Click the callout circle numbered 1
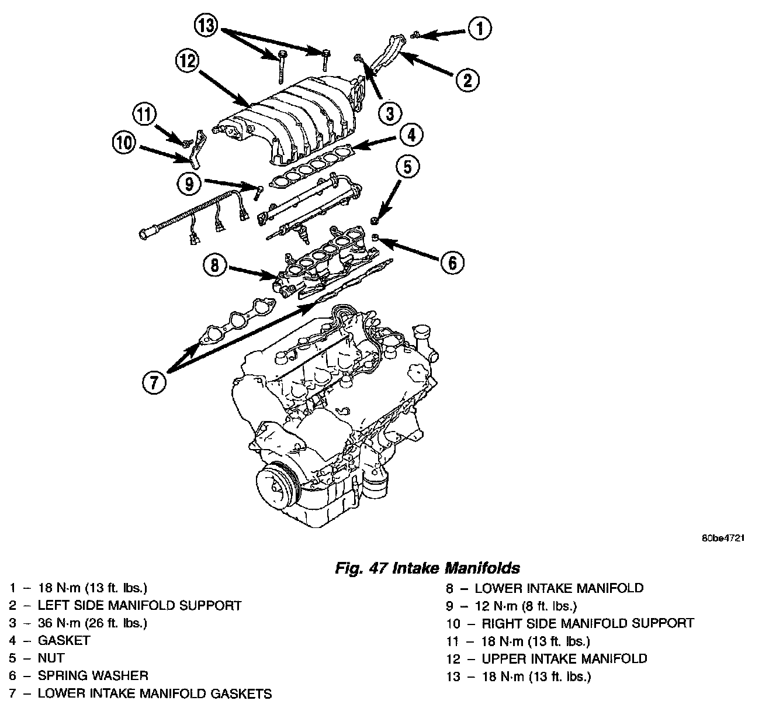tap(480, 28)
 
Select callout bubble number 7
tap(154, 382)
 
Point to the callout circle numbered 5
tap(408, 167)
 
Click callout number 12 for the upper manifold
tap(188, 61)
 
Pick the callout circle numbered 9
tap(189, 184)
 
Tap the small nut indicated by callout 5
tap(374, 221)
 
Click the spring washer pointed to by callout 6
tap(375, 237)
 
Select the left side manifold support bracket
tap(388, 54)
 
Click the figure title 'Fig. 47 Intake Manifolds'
tap(427, 568)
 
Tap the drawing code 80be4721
tap(723, 539)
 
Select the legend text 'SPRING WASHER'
tap(93, 676)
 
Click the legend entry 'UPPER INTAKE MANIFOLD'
tap(564, 659)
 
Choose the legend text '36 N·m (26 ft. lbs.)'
tap(92, 623)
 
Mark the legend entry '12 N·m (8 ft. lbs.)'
tap(526, 606)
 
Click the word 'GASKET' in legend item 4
tap(64, 640)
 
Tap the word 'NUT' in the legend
tap(51, 658)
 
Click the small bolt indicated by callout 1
tap(414, 35)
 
